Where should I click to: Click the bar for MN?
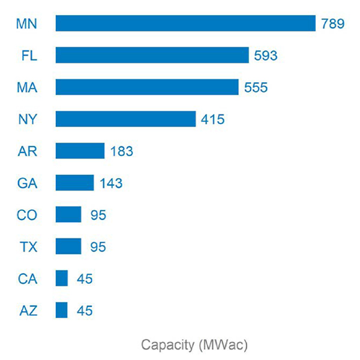click(185, 23)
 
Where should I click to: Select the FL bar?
click(152, 55)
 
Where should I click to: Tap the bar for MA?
click(147, 87)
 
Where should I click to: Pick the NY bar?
click(125, 119)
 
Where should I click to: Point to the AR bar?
click(80, 151)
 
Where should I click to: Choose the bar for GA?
click(74, 182)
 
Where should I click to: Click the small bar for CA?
click(62, 278)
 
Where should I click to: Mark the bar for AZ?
click(62, 310)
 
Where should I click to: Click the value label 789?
click(333, 24)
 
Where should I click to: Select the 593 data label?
click(266, 56)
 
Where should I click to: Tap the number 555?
click(256, 88)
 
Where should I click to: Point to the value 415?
click(213, 119)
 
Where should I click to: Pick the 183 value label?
click(122, 151)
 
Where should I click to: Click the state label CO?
click(27, 215)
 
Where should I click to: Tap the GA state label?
click(27, 183)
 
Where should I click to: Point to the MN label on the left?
click(27, 24)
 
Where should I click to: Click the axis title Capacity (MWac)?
click(194, 345)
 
